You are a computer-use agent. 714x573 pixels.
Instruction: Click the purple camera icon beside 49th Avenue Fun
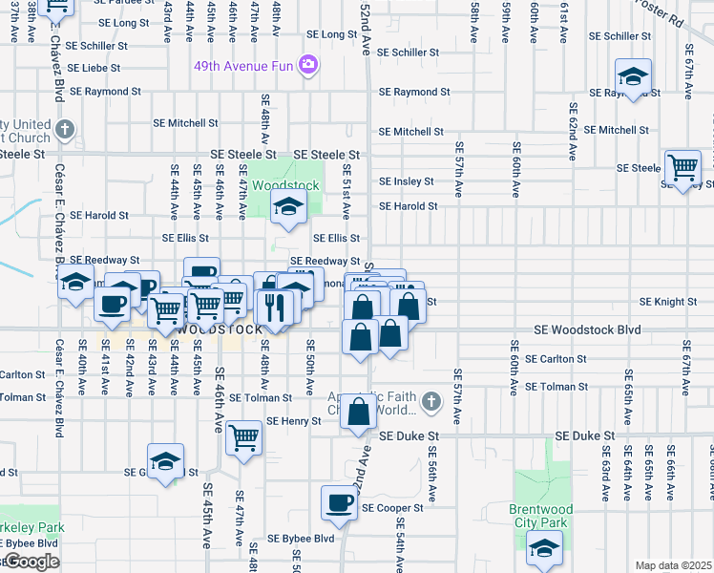point(307,65)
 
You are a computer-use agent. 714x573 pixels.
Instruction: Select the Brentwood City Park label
point(540,516)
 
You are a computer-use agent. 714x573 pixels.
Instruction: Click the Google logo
point(31,562)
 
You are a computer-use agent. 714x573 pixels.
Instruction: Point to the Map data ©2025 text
point(674,565)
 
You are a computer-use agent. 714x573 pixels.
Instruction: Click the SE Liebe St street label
point(94,69)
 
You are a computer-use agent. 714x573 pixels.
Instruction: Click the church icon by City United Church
point(64,129)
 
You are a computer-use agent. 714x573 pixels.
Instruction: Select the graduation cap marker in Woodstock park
point(286,205)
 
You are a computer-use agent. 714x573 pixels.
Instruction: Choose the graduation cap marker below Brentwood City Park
point(544,548)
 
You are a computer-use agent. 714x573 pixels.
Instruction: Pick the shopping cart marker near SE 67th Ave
point(683,168)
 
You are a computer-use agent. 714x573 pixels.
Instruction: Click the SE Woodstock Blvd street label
point(587,329)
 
